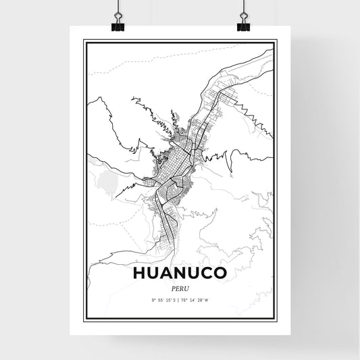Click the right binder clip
click(x=242, y=22)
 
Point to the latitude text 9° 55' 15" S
click(x=161, y=299)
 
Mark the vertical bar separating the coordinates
click(x=180, y=299)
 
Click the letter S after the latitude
click(x=174, y=299)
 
